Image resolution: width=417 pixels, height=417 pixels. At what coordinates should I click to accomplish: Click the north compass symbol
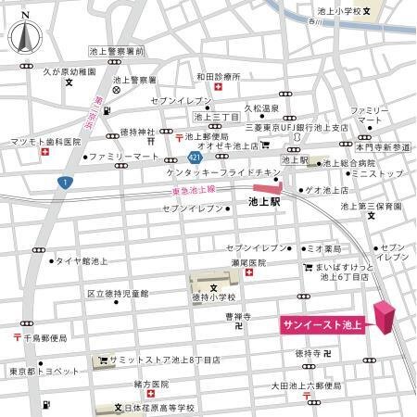click(x=26, y=38)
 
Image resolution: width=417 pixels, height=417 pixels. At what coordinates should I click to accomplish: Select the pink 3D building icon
click(x=382, y=317)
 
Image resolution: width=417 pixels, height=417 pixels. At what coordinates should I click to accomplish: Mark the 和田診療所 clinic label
click(x=219, y=76)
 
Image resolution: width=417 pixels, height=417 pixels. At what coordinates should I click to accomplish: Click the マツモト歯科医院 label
click(x=46, y=142)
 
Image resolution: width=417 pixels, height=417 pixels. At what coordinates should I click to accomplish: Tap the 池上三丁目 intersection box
click(x=215, y=117)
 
